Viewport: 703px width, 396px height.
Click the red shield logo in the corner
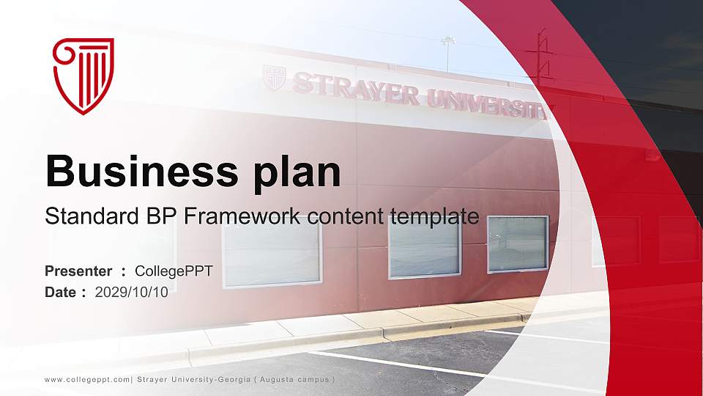click(83, 76)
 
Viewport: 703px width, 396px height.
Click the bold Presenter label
click(78, 271)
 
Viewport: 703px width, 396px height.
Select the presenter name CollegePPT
click(174, 271)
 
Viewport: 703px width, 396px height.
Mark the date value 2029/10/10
click(132, 292)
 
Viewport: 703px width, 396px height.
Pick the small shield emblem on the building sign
click(274, 78)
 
